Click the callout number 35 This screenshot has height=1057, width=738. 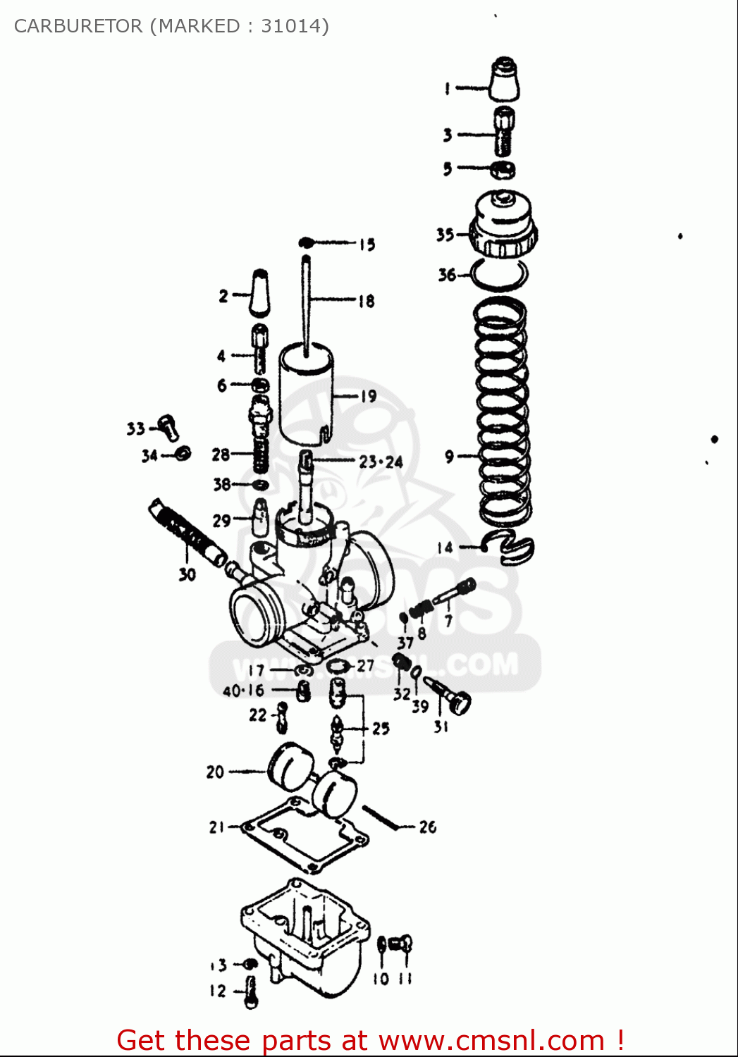[x=445, y=235]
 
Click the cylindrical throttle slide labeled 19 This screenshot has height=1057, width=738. [x=306, y=392]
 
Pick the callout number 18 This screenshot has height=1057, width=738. [x=367, y=302]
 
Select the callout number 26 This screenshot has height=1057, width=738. [x=428, y=827]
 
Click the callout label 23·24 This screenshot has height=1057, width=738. [x=381, y=462]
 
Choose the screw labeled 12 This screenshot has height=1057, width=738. [x=251, y=991]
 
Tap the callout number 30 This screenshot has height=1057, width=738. [x=187, y=574]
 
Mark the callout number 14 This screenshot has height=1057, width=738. [x=445, y=548]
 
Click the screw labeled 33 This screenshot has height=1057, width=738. [x=168, y=425]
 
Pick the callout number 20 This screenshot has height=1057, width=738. [x=215, y=772]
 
